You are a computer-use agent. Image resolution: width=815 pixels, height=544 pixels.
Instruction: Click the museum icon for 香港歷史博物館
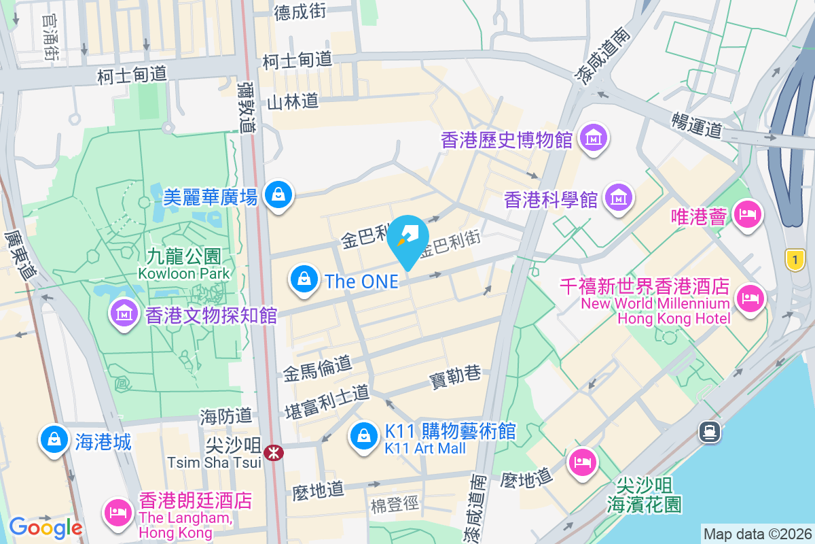[594, 139]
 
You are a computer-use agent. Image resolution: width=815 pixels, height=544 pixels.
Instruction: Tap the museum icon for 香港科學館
[618, 198]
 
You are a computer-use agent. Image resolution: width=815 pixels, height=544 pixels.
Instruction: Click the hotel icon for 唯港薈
[747, 214]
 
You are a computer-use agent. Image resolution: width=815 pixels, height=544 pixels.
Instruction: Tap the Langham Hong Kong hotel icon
[118, 510]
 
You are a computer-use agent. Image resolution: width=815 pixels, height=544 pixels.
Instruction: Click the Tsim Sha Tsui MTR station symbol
[274, 452]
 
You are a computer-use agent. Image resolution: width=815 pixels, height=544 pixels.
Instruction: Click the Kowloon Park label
[183, 265]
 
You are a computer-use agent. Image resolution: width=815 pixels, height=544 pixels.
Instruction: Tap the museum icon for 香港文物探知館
[124, 313]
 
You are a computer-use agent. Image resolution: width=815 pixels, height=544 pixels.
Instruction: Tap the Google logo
[46, 528]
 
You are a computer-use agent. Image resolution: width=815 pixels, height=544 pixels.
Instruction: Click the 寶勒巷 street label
[455, 374]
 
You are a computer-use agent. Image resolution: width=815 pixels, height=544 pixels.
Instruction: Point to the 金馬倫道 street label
[317, 369]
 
